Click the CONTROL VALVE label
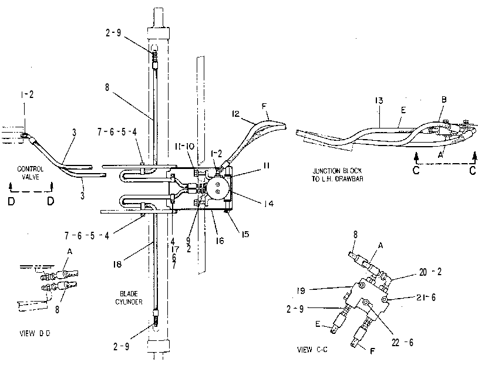point(31,173)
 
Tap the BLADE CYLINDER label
point(129,298)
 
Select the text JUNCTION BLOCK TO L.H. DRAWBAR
point(338,175)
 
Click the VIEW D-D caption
point(35,333)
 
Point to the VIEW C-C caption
point(312,350)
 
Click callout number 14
point(268,203)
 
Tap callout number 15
point(245,234)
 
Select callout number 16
point(220,241)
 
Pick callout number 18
point(117,264)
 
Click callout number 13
point(379,100)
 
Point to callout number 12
point(235,114)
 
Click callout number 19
point(301,290)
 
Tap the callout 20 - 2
point(430,272)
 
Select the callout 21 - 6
point(426,297)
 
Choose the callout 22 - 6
point(402,342)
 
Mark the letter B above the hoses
point(444,100)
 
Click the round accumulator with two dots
point(218,188)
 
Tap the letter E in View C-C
point(318,324)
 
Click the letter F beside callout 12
point(264,107)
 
